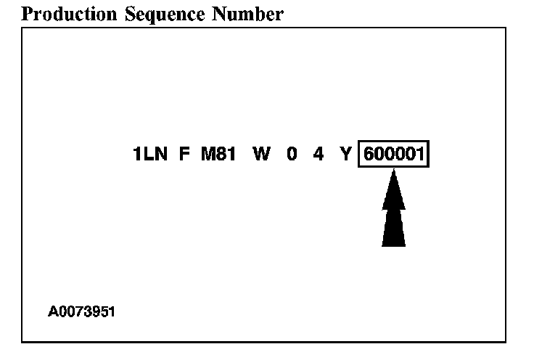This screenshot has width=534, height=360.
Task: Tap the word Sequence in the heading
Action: point(160,14)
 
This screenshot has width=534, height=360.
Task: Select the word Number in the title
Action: point(245,14)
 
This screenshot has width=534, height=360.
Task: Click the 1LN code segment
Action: point(150,155)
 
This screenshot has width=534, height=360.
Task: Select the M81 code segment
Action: point(218,155)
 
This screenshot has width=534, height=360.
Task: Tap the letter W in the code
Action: point(260,155)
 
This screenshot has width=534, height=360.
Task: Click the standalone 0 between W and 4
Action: point(292,155)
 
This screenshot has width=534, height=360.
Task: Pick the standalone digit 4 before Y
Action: point(318,155)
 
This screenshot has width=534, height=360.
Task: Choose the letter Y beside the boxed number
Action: point(346,155)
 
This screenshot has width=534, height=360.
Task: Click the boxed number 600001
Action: point(394,155)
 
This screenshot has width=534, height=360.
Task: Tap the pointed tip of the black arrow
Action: point(393,171)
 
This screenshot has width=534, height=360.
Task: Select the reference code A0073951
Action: point(82,312)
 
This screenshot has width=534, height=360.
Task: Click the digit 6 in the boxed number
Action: point(369,155)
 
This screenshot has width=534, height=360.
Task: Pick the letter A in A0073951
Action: point(54,312)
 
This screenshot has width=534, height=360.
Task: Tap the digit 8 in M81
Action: point(220,155)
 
